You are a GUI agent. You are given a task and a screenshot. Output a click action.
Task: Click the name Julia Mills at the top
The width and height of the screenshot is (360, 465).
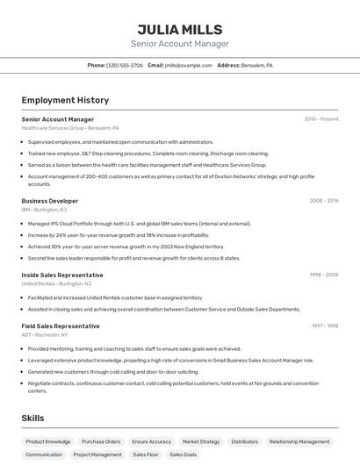point(180,29)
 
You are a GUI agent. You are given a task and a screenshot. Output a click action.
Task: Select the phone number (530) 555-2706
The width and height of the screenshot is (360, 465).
point(125,65)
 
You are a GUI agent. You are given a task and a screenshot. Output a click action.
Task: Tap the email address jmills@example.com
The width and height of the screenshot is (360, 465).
point(189,65)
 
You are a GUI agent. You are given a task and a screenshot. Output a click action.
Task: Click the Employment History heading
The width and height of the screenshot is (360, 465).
point(65,100)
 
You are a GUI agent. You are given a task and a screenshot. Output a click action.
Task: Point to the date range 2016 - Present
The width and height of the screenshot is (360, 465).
point(320,118)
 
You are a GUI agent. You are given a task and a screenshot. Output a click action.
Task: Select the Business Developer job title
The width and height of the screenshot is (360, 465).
point(50,201)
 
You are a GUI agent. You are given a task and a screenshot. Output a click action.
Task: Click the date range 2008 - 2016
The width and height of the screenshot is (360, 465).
point(323,201)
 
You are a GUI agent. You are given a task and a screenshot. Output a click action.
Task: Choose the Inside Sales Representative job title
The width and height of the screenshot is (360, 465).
point(62,275)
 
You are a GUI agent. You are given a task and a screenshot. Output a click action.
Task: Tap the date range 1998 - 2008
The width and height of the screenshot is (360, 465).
point(323,275)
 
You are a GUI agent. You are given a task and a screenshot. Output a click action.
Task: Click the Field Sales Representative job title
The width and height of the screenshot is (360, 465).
point(61,325)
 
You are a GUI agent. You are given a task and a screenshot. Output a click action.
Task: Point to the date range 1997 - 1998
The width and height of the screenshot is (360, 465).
point(324,325)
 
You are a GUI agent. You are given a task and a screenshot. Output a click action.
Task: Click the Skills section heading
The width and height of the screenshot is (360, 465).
point(32,418)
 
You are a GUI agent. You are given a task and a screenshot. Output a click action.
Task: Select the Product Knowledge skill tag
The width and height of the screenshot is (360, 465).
point(48,442)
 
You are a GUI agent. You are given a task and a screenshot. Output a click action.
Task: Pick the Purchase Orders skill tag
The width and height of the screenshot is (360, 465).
point(101,442)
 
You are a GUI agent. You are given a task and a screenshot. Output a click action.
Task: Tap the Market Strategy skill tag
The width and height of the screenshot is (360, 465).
point(201,442)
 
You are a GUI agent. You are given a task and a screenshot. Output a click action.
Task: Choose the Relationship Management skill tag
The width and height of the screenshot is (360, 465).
point(299,442)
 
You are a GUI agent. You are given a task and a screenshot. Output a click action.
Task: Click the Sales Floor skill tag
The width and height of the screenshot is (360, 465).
point(145,455)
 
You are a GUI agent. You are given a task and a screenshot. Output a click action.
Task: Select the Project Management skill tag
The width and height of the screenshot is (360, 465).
point(97,455)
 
